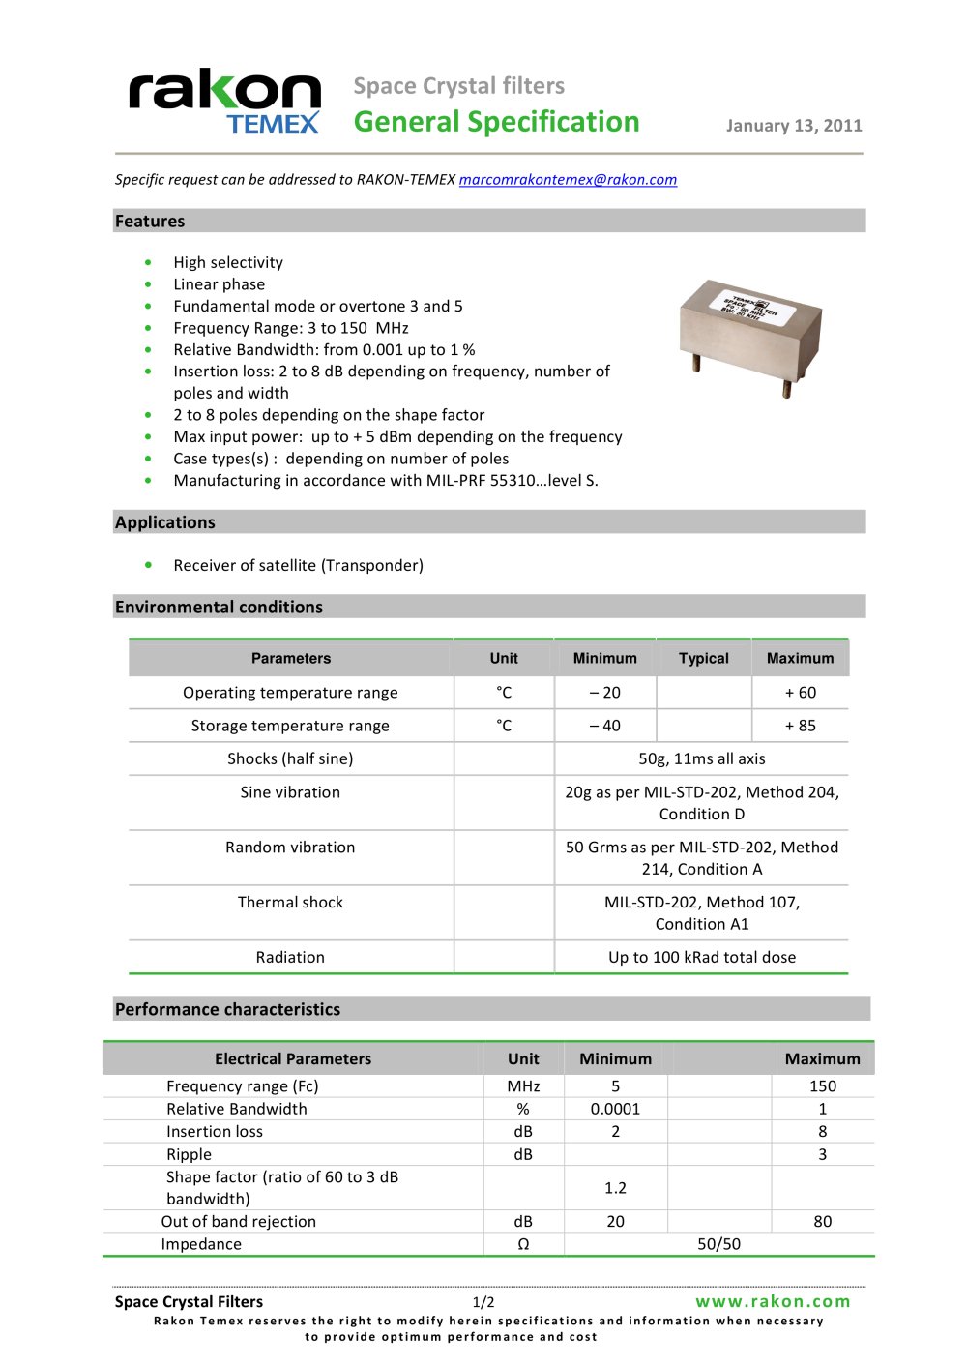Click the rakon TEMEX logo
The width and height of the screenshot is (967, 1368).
[x=224, y=101]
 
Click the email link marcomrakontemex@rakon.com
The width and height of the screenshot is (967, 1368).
[x=568, y=180]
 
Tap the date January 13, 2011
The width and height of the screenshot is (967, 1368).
[x=793, y=126]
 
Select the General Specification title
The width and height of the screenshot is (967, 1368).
[x=496, y=122]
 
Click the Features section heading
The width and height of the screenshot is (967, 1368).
[x=150, y=222]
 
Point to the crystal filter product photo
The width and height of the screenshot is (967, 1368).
[x=750, y=334]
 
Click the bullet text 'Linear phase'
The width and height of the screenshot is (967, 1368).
[x=219, y=284]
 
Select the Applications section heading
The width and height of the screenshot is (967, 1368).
[x=165, y=522]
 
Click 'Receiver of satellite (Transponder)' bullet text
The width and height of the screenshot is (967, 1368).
[x=298, y=565]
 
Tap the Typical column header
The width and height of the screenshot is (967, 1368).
[x=703, y=658]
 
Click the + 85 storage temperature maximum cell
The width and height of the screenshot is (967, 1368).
[x=800, y=726]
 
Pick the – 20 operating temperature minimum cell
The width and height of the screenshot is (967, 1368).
[x=604, y=693]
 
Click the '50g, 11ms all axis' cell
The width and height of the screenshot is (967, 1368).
[x=701, y=758]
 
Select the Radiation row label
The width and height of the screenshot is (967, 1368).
[x=290, y=957]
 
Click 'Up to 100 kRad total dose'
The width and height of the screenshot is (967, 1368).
[x=701, y=957]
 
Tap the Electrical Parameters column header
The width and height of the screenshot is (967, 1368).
[x=292, y=1058]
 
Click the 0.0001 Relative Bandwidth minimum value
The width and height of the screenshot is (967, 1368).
[x=615, y=1109]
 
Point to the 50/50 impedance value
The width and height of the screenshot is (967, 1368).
[x=718, y=1244]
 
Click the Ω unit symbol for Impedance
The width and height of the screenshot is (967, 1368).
[x=523, y=1244]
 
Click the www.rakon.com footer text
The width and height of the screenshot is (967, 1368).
[x=773, y=1301]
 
